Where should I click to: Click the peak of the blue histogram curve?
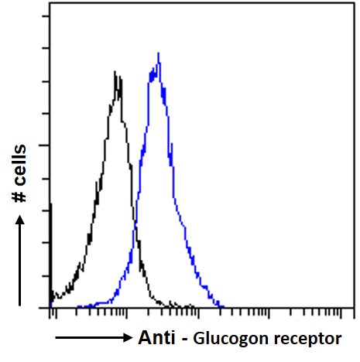tap(159, 54)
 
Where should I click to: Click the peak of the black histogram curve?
tap(116, 73)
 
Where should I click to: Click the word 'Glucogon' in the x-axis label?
tap(224, 339)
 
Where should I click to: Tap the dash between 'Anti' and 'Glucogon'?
tap(184, 338)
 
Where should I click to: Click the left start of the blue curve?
tap(77, 307)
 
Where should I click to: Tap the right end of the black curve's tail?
tap(194, 307)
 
